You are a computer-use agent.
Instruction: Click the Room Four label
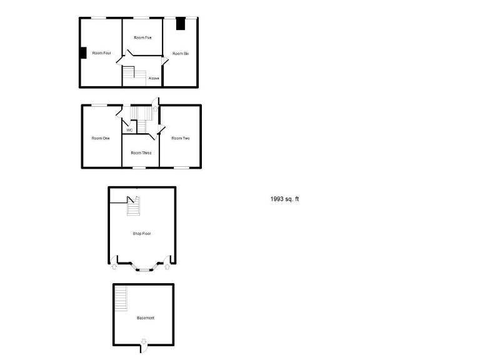click(102, 53)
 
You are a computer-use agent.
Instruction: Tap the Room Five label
click(143, 38)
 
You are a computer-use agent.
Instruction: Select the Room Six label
click(181, 54)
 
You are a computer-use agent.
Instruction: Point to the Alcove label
click(154, 78)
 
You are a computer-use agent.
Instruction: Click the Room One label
click(101, 138)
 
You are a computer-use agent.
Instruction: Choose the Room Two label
click(181, 138)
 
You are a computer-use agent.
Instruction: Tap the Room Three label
click(141, 152)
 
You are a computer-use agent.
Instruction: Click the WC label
click(129, 130)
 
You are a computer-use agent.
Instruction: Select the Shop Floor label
click(142, 234)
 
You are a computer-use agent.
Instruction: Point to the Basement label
click(146, 318)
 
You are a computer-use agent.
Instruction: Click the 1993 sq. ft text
click(285, 199)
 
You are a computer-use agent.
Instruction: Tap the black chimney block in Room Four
click(82, 54)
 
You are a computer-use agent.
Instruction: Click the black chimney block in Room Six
click(181, 24)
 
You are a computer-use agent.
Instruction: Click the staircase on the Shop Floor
click(133, 206)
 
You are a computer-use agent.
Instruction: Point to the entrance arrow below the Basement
click(144, 341)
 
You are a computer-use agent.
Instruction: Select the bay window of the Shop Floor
click(144, 269)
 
